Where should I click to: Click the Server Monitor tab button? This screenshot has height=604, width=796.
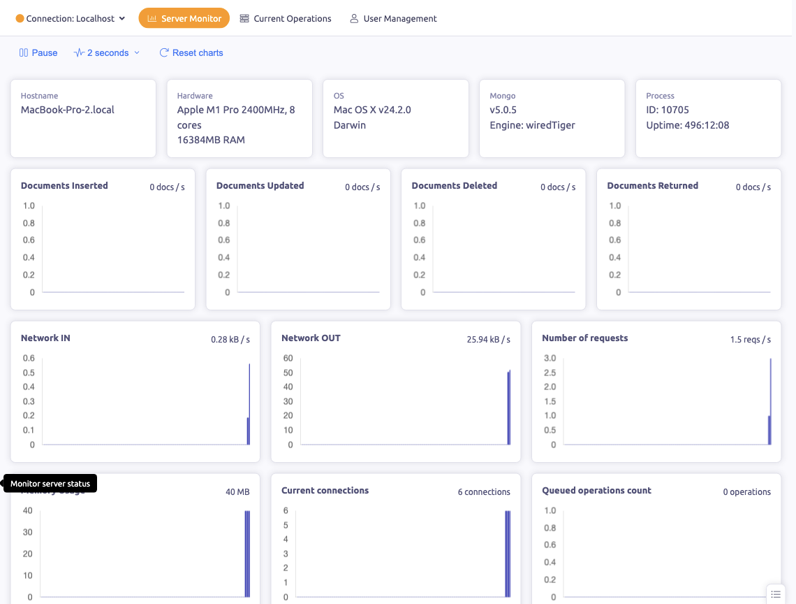pos(184,19)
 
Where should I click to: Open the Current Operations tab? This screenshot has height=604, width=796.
pos(286,19)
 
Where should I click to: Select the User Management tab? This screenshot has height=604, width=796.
pos(393,19)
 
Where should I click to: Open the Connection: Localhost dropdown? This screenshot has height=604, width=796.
pos(71,19)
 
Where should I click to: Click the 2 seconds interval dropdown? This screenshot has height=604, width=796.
pos(107,52)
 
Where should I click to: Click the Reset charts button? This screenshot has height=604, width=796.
pos(191,52)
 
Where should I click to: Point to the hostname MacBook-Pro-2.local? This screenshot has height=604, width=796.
pos(68,110)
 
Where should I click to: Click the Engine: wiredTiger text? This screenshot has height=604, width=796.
pos(532,125)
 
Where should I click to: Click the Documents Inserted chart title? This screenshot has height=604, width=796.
pos(64,186)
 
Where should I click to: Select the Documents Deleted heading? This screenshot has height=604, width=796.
pos(454,186)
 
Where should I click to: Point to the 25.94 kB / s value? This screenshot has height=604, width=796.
pos(488,340)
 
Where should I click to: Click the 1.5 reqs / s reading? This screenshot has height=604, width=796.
pos(750,340)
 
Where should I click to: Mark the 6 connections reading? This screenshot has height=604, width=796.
pos(484,492)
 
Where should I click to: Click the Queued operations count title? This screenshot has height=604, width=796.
pos(596,491)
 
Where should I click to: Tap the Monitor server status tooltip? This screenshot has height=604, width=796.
pos(50,484)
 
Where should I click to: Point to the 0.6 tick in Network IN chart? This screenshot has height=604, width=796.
pos(29,358)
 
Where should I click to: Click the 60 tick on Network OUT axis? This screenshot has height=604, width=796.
pos(288,358)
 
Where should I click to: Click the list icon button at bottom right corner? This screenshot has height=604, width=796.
pos(776,594)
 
